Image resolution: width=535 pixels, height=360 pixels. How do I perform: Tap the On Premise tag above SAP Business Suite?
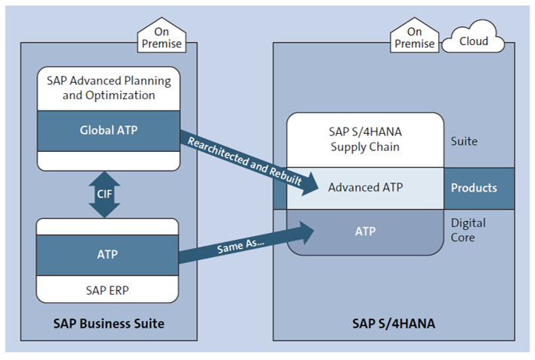click(x=160, y=37)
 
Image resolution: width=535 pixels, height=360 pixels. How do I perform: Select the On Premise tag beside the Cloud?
click(x=414, y=38)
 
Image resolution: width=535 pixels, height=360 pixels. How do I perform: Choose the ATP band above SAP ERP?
click(x=107, y=255)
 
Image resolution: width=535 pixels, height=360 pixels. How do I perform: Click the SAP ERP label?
click(x=107, y=288)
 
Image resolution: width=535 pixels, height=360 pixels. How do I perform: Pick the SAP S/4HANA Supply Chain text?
click(x=365, y=140)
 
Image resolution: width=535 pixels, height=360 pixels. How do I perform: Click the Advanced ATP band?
click(x=365, y=187)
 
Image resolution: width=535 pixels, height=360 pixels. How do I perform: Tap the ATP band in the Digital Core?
click(x=365, y=231)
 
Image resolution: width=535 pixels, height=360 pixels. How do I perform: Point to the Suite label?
click(x=464, y=141)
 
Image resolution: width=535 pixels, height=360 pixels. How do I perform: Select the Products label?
click(x=473, y=187)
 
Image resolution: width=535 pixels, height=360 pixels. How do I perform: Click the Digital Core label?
click(x=468, y=230)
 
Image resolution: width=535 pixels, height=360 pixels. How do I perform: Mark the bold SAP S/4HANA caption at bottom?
click(x=393, y=325)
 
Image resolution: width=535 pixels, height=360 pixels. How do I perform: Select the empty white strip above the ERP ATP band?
click(x=107, y=226)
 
